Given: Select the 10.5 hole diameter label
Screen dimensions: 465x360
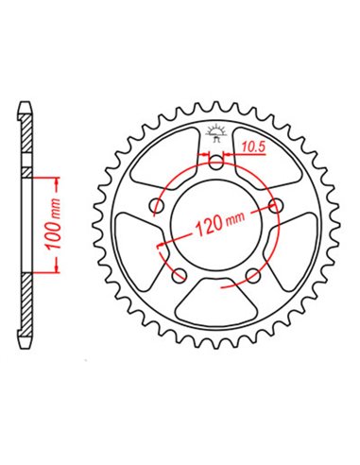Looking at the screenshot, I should (250, 146).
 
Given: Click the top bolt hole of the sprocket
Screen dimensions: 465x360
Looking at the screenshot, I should (216, 164).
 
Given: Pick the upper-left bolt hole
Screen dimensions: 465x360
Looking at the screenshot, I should (157, 205).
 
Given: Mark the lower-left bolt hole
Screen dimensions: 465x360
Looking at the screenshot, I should (180, 275).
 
